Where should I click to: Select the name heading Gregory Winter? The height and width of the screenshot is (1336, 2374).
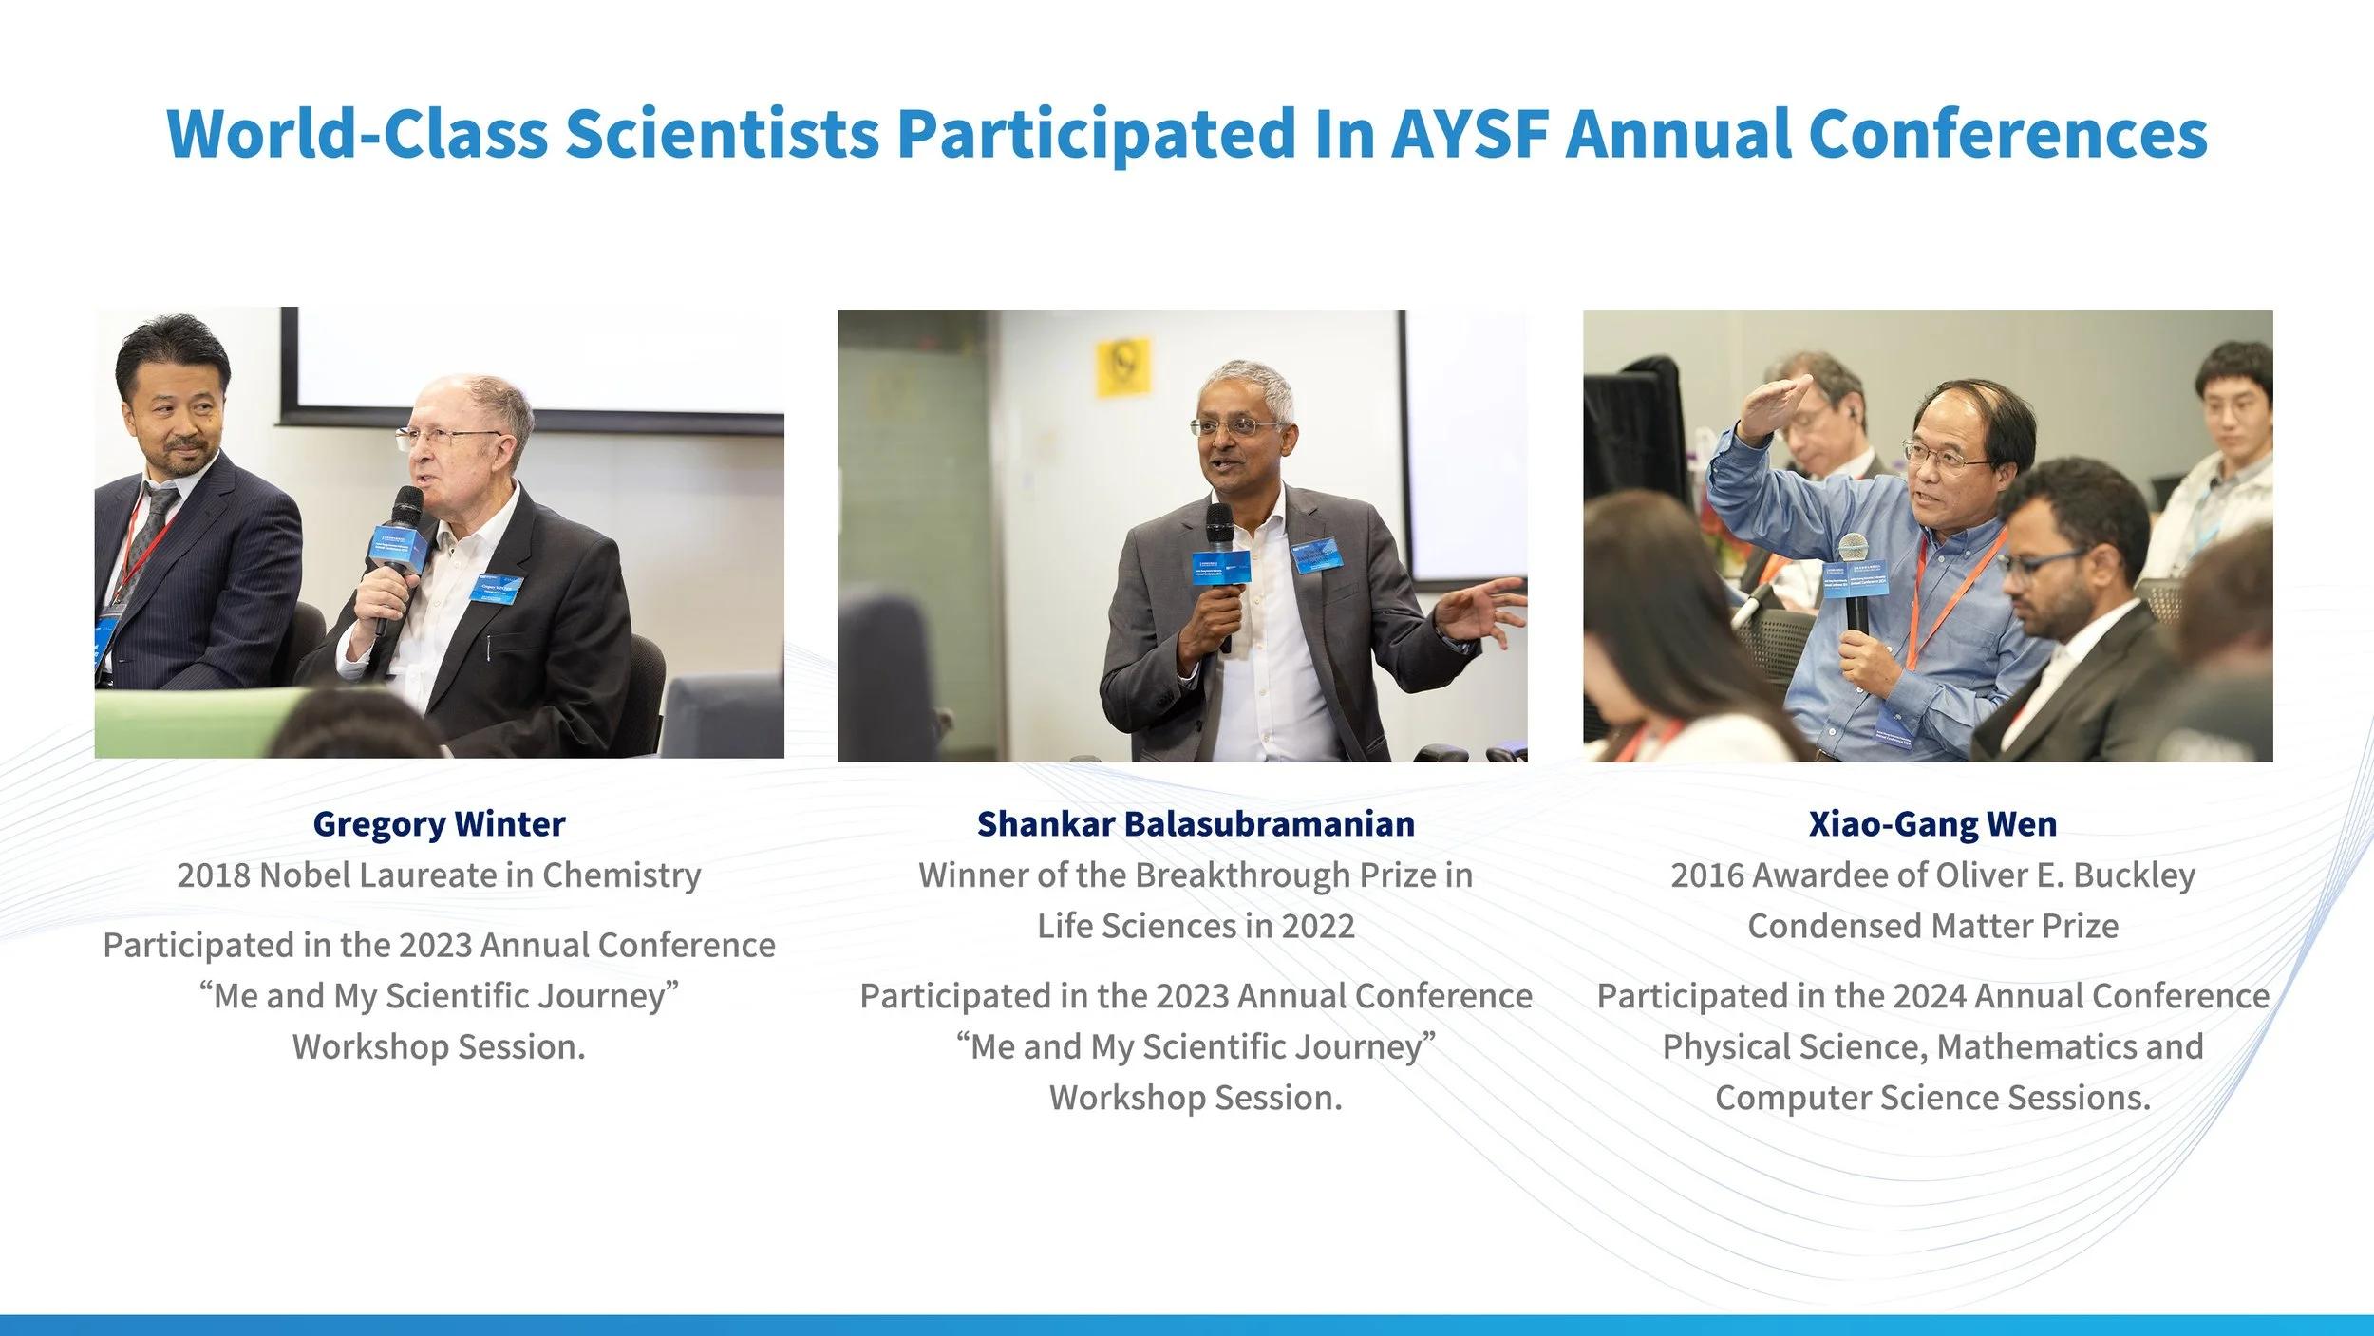click(x=439, y=823)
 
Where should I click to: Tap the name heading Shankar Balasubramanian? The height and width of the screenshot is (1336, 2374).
click(x=1196, y=823)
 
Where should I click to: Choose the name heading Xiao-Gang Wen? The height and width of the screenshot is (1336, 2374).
click(x=1932, y=823)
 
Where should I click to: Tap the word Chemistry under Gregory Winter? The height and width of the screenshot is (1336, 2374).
click(x=621, y=875)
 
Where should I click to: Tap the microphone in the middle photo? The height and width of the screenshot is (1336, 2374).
click(x=1221, y=570)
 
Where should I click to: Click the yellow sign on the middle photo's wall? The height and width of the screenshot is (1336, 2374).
click(x=1123, y=367)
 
